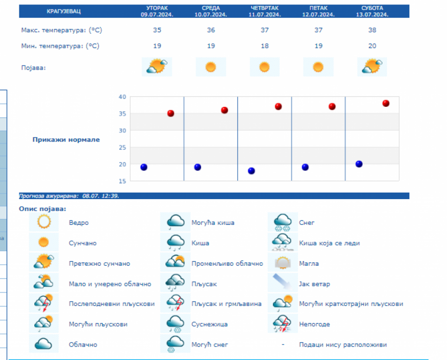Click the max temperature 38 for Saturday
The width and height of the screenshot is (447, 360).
372,30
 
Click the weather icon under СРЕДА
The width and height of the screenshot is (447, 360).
211,67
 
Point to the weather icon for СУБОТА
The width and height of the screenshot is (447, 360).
372,66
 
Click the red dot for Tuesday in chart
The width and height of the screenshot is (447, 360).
170,113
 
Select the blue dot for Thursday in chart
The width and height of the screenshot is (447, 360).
251,171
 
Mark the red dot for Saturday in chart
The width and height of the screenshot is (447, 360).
386,103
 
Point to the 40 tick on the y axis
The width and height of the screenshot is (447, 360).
122,96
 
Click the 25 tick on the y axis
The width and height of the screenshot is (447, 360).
122,147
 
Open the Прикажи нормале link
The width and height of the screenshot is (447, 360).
66,140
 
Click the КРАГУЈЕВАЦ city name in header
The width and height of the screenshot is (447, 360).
64,11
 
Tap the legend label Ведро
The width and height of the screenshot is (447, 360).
79,223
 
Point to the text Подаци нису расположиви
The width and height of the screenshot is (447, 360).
343,345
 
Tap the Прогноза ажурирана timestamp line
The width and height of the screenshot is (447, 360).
69,196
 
